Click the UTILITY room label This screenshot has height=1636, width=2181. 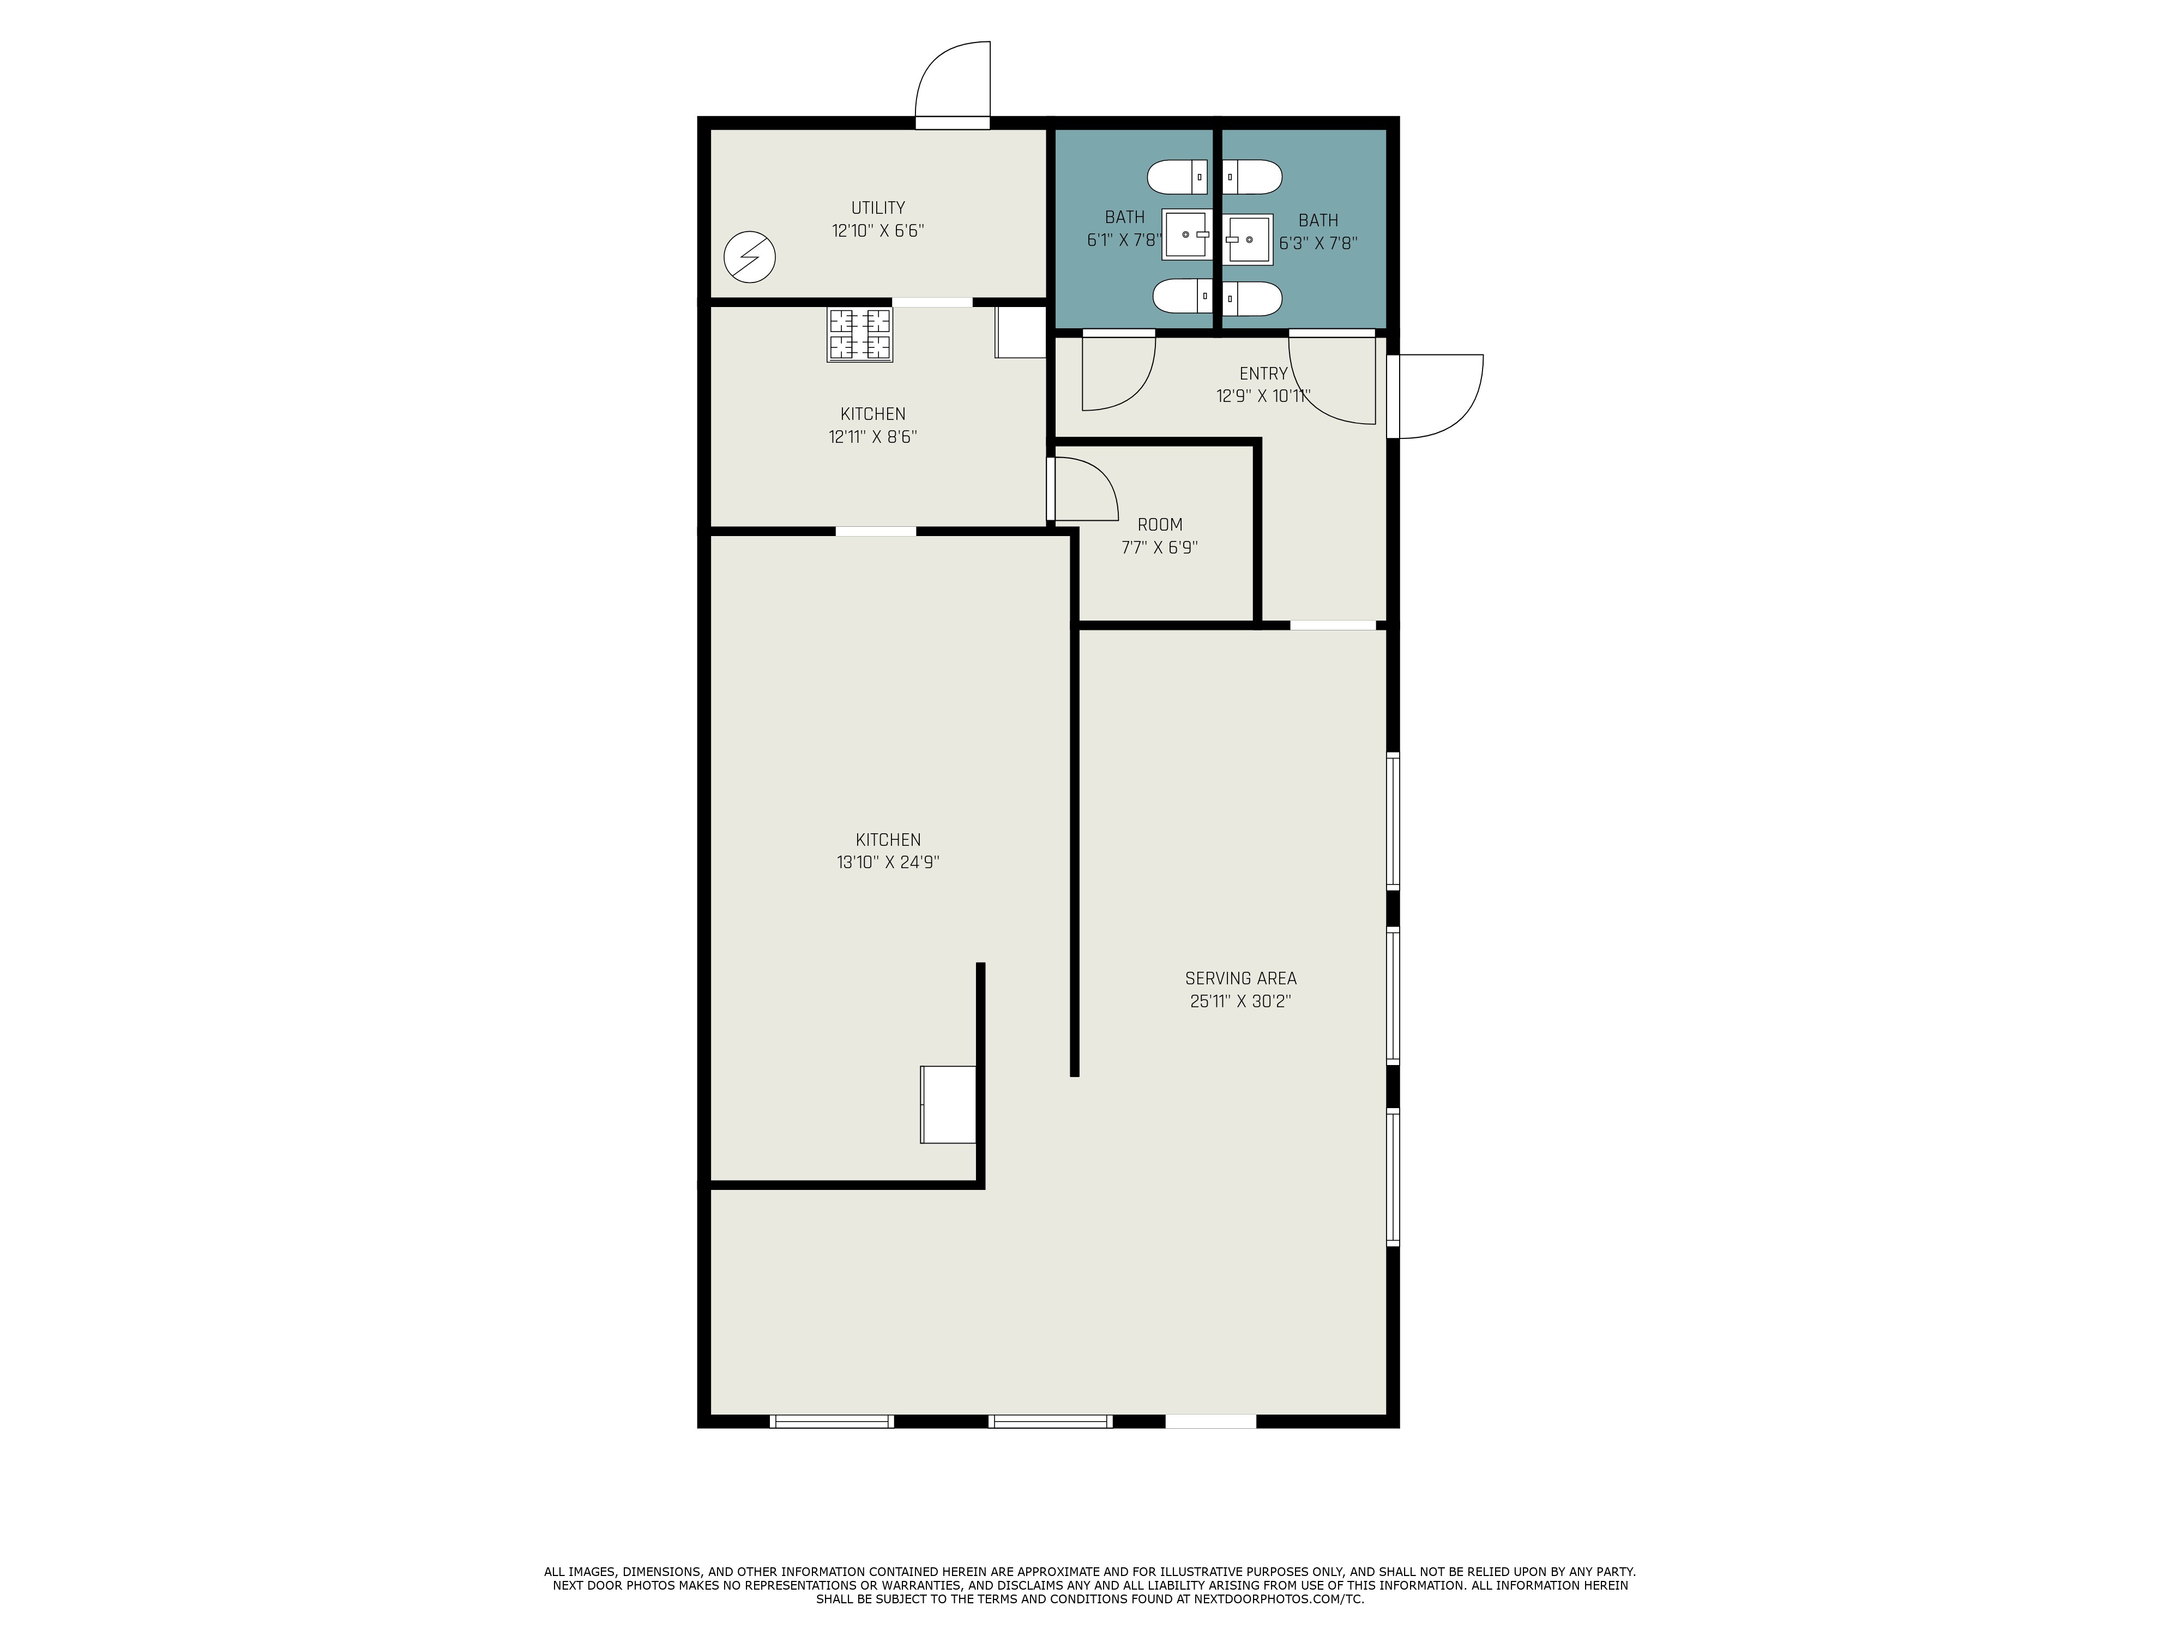tap(877, 208)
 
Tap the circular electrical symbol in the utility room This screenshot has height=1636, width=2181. tap(749, 257)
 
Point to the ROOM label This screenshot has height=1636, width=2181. tap(1160, 525)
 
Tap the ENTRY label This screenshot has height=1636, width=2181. tap(1263, 374)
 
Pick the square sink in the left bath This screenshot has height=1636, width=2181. tap(1186, 234)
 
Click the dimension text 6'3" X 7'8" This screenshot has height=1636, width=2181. tap(1318, 243)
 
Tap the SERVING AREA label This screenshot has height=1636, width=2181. tap(1240, 978)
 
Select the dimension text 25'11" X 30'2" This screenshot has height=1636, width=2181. tap(1240, 1001)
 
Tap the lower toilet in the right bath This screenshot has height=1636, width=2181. tap(1252, 298)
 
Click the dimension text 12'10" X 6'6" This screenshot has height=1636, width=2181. tap(877, 231)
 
